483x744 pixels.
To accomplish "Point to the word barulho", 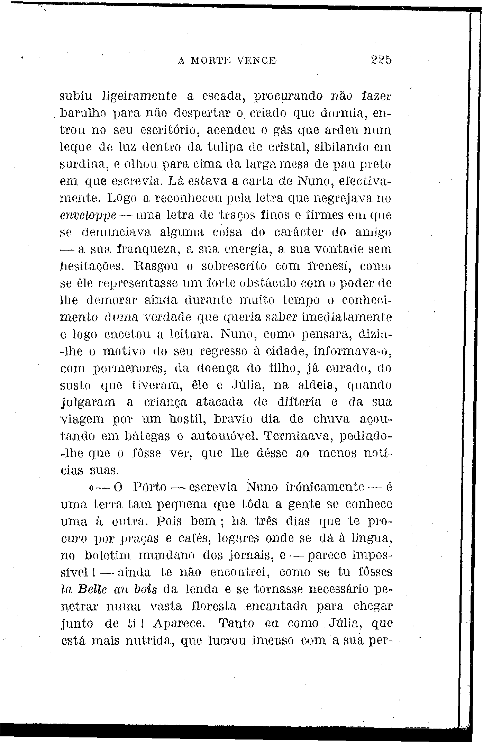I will pyautogui.click(x=81, y=113).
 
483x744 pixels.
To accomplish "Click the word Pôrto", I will pyautogui.click(x=150, y=487).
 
